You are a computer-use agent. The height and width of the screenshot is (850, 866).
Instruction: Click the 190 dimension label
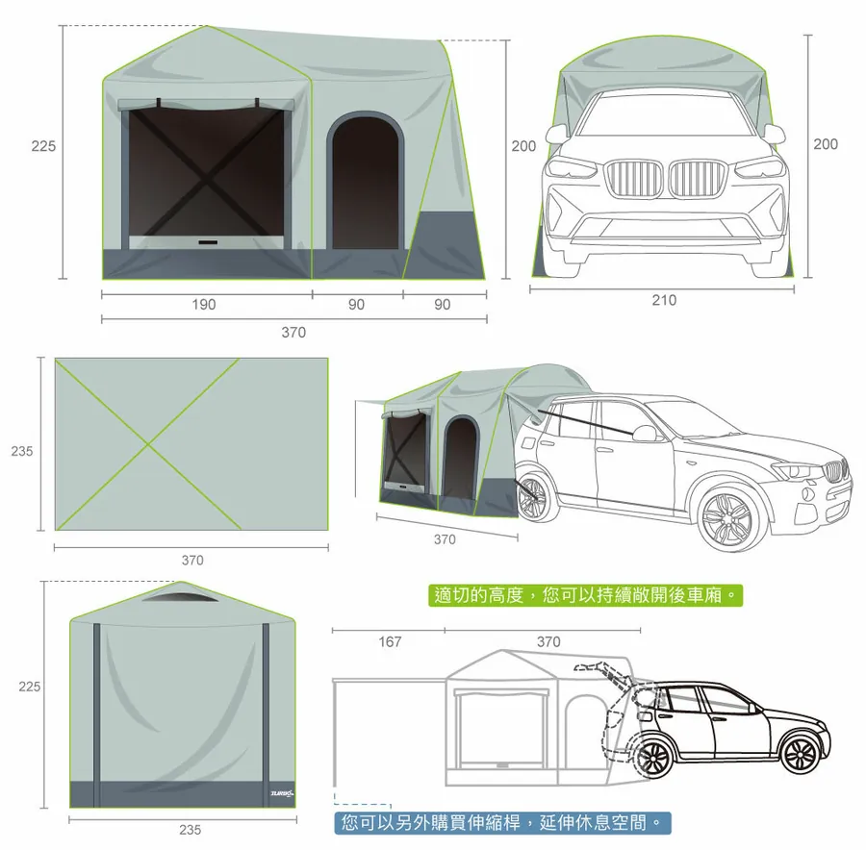[204, 305]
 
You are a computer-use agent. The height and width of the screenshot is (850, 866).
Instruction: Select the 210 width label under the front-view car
[663, 300]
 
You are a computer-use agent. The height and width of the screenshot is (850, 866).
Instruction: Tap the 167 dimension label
[389, 641]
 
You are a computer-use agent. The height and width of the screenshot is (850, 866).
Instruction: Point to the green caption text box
[586, 596]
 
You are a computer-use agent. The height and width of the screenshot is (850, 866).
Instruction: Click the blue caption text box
[502, 823]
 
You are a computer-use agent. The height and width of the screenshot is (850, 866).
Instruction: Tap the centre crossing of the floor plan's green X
[146, 443]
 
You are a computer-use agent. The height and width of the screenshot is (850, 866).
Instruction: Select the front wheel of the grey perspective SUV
[727, 520]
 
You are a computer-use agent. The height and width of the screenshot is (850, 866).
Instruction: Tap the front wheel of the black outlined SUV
[800, 755]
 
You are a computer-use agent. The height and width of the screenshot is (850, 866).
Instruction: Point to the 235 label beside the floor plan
[23, 451]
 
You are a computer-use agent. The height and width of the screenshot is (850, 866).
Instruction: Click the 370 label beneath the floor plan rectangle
[192, 560]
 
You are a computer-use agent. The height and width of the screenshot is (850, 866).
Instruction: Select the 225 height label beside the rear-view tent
[30, 687]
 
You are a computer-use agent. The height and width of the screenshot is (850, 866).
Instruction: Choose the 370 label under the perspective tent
[445, 539]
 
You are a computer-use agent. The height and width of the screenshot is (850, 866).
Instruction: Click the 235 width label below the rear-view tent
[190, 829]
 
